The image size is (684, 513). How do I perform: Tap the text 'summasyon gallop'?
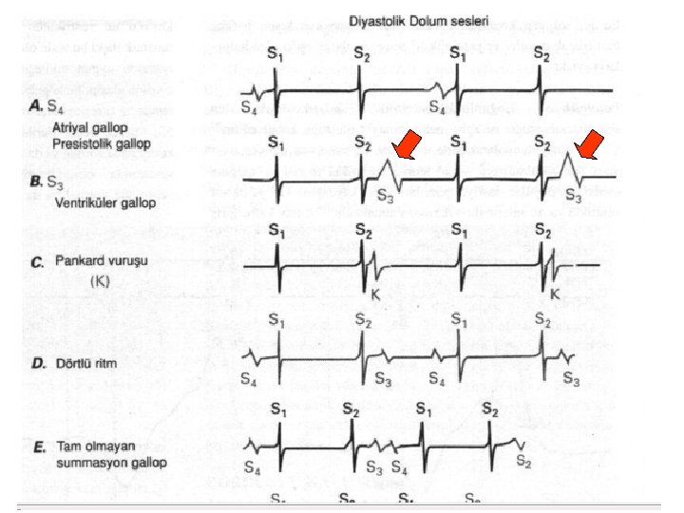point(110,464)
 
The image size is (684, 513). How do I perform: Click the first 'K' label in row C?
point(375,296)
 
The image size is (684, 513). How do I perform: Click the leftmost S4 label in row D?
point(249,379)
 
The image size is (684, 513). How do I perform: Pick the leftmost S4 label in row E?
point(253,467)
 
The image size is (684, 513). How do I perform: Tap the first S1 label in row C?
point(275,231)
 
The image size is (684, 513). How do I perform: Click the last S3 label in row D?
point(571,379)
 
